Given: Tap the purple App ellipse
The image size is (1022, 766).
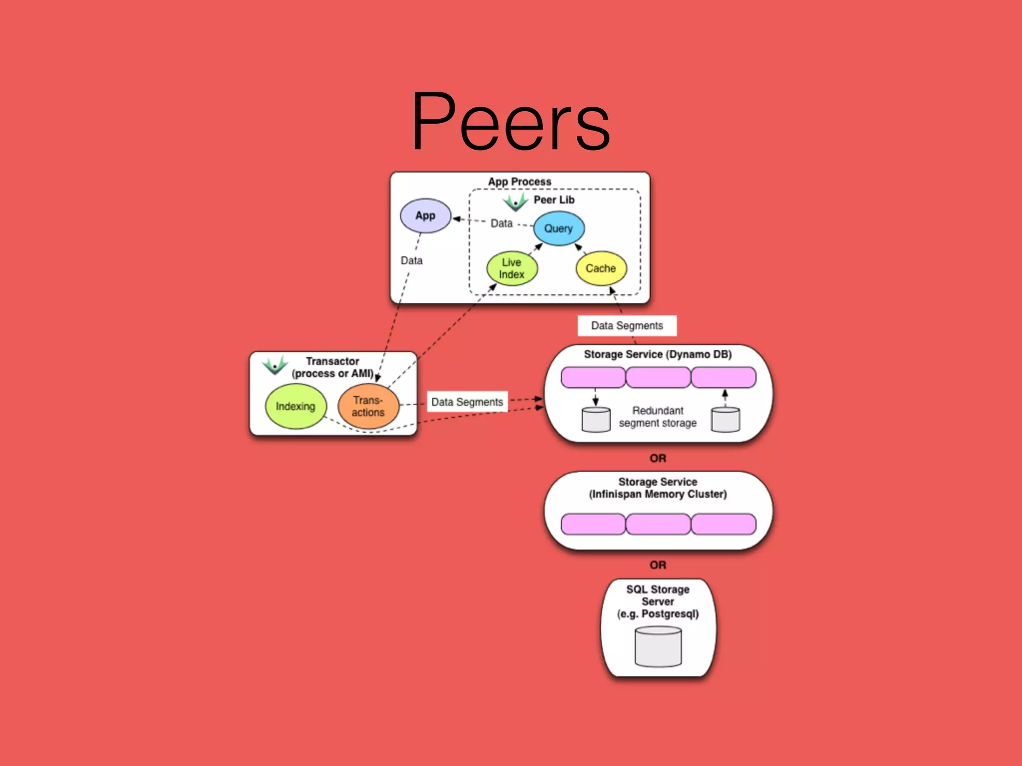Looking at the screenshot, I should coord(425,216).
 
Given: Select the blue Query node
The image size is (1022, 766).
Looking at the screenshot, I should coord(558,228).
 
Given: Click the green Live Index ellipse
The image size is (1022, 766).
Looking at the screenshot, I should coord(512,268).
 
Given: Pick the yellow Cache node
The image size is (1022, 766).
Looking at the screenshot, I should coord(601,268).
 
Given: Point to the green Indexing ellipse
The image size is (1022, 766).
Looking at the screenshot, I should coord(295,406).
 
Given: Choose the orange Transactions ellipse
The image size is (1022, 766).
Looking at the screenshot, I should coord(368,406).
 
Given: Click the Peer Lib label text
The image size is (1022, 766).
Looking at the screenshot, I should coord(554,200).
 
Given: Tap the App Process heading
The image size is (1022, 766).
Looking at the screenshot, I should coord(519,182).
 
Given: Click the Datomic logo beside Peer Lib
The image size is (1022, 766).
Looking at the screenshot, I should coord(515,202).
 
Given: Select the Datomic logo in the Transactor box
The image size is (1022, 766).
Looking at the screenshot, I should coord(275,365).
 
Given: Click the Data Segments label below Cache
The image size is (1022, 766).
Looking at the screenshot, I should coord(627,326).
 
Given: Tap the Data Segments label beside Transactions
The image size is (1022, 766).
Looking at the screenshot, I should coord(467,402).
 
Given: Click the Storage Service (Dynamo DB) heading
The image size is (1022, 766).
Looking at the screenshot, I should coord(658,355).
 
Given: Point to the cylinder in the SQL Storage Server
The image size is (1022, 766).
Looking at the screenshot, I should coord(658,647).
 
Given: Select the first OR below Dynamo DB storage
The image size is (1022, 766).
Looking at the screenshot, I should coord(658,458).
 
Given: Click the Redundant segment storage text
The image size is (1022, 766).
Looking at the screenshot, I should coord(658,417).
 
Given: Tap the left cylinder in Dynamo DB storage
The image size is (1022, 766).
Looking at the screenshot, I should coord(596,419).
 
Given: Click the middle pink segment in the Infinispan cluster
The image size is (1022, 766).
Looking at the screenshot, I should coord(658,524).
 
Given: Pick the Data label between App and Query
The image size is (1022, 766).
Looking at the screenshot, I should coord(502,223).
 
